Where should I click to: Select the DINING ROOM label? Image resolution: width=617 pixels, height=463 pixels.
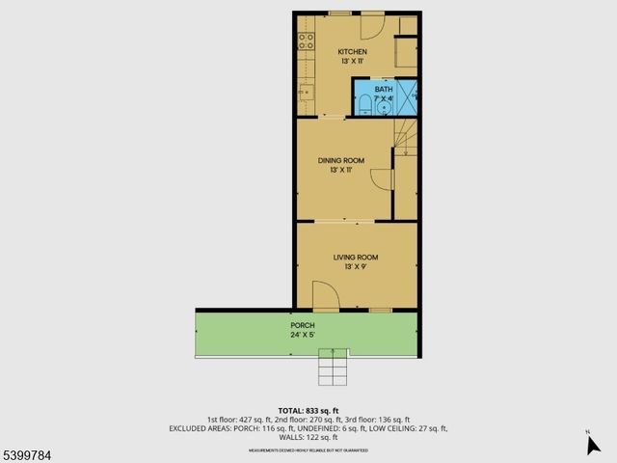click(341, 160)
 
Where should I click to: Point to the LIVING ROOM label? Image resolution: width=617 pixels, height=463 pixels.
click(355, 258)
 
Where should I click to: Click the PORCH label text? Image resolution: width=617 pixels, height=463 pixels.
click(303, 325)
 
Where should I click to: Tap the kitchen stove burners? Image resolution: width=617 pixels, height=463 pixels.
click(306, 41)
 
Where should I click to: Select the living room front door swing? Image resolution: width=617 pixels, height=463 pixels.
click(325, 296)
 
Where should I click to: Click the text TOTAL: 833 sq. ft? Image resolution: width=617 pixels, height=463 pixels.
click(308, 410)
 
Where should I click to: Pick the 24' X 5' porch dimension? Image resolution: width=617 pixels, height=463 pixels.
click(303, 336)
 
